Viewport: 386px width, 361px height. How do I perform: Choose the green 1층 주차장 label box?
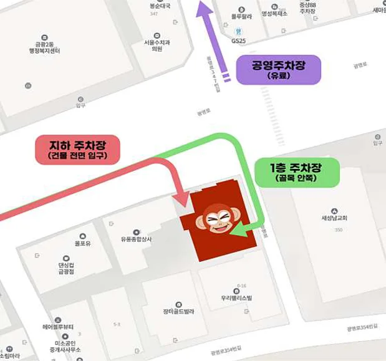pos(296,171)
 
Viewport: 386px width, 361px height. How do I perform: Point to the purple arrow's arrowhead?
pos(202,9)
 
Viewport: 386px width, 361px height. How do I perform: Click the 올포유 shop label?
pos(83,243)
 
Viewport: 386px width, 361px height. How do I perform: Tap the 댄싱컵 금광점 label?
pos(65,268)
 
